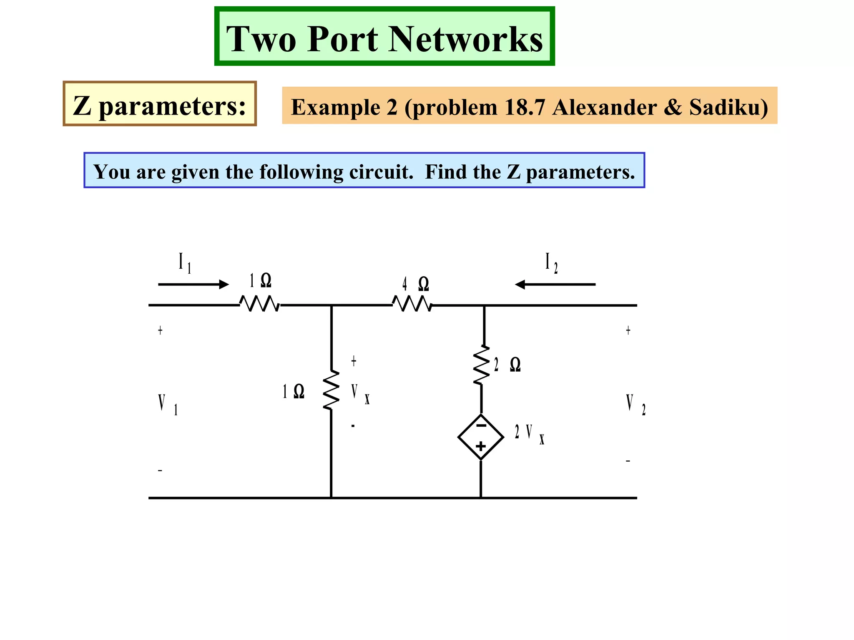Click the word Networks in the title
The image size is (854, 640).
coord(466,39)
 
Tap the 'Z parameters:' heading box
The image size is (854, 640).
coord(159,104)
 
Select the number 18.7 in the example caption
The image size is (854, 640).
coord(524,107)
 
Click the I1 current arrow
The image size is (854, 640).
coord(193,285)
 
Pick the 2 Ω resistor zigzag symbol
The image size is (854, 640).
coord(482,365)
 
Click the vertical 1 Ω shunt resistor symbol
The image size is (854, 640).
coord(331,390)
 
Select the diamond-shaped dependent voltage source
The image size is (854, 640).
coord(481,437)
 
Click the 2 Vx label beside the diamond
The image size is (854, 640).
coord(529,433)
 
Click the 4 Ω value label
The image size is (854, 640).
coord(415,284)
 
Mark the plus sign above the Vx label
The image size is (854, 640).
coord(354,361)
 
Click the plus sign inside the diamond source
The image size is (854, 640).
coord(481,446)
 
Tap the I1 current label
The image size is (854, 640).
coord(184,262)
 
